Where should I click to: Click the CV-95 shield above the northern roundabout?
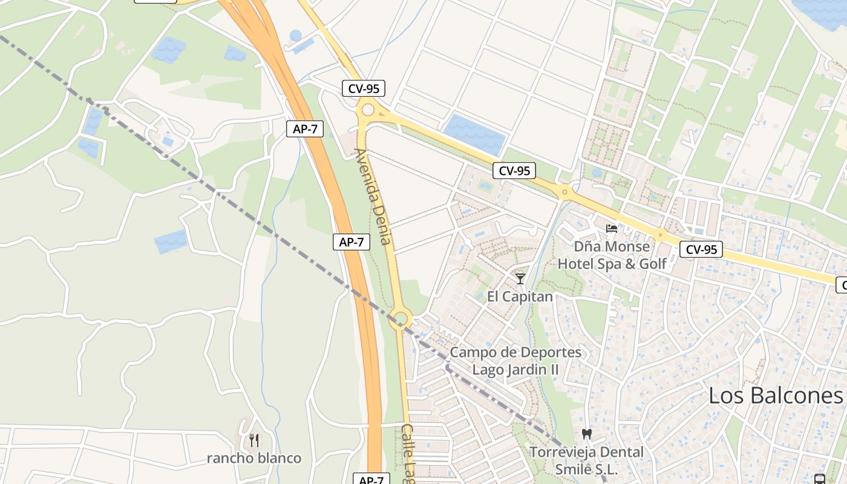click(364, 88)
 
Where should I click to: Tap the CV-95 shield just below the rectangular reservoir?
click(514, 171)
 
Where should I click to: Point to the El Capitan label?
click(520, 296)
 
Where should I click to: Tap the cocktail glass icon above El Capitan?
click(520, 278)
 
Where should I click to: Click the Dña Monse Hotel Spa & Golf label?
click(612, 255)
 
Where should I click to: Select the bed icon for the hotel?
click(612, 229)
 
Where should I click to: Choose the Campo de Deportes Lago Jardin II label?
click(515, 361)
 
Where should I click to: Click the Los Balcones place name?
click(775, 396)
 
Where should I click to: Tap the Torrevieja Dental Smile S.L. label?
click(586, 460)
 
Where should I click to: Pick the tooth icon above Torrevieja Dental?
click(586, 434)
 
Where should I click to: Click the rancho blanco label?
click(254, 458)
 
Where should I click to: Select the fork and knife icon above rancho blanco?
click(254, 440)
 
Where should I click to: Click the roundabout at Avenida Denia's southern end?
click(401, 318)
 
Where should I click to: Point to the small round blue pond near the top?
click(295, 36)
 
